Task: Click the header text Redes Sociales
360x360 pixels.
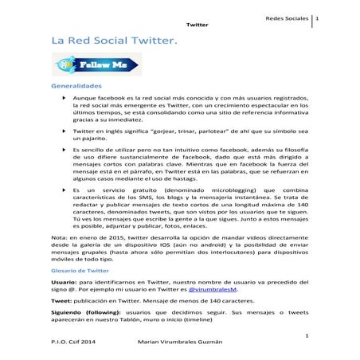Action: point(289,18)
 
